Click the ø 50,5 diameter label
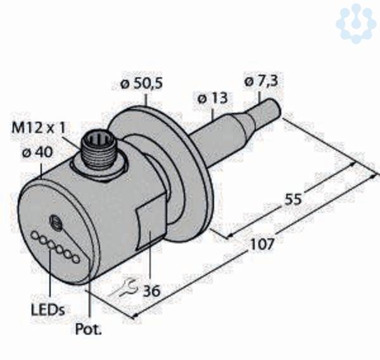[141, 84]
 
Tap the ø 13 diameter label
[213, 99]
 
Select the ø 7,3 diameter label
[261, 81]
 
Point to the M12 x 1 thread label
[39, 127]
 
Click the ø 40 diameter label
[37, 153]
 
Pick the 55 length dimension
[293, 199]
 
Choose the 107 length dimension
[262, 244]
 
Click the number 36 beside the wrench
[151, 291]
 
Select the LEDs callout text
[48, 309]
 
